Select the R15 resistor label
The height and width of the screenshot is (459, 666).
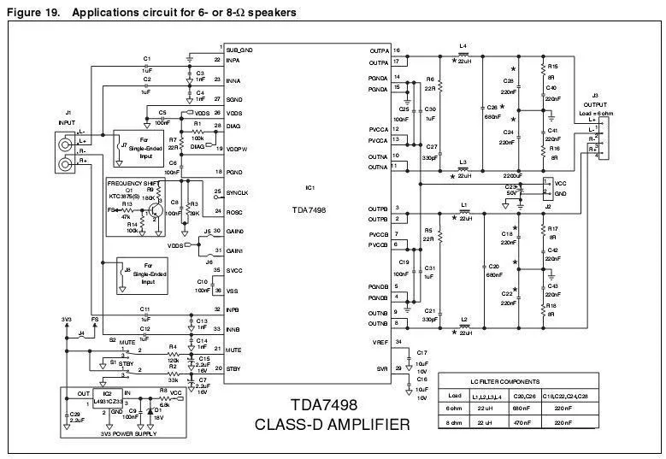(553, 66)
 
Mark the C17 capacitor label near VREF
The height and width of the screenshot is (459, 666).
(421, 352)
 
